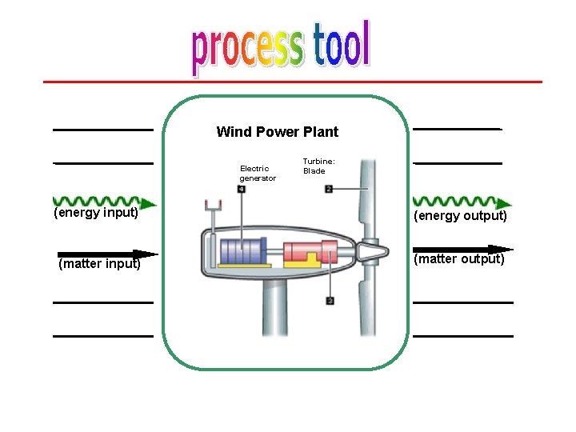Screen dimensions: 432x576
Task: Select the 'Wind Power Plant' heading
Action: coord(277,132)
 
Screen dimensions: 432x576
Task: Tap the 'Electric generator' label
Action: coord(258,174)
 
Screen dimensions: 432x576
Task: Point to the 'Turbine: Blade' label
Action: coord(314,166)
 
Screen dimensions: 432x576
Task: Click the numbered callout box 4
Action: coord(242,190)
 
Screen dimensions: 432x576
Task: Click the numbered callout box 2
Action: coord(329,190)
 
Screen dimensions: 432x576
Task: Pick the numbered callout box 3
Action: coord(330,301)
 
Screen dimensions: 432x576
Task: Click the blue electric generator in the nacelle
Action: coord(244,250)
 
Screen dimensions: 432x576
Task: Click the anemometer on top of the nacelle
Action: coord(214,207)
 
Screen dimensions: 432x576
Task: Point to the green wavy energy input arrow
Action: coord(96,201)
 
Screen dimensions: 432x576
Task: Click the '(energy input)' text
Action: coord(96,213)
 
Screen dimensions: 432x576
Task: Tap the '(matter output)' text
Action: coord(459,259)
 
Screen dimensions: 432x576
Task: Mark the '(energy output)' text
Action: coord(460,216)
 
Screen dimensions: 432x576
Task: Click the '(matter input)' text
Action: coord(99,264)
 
